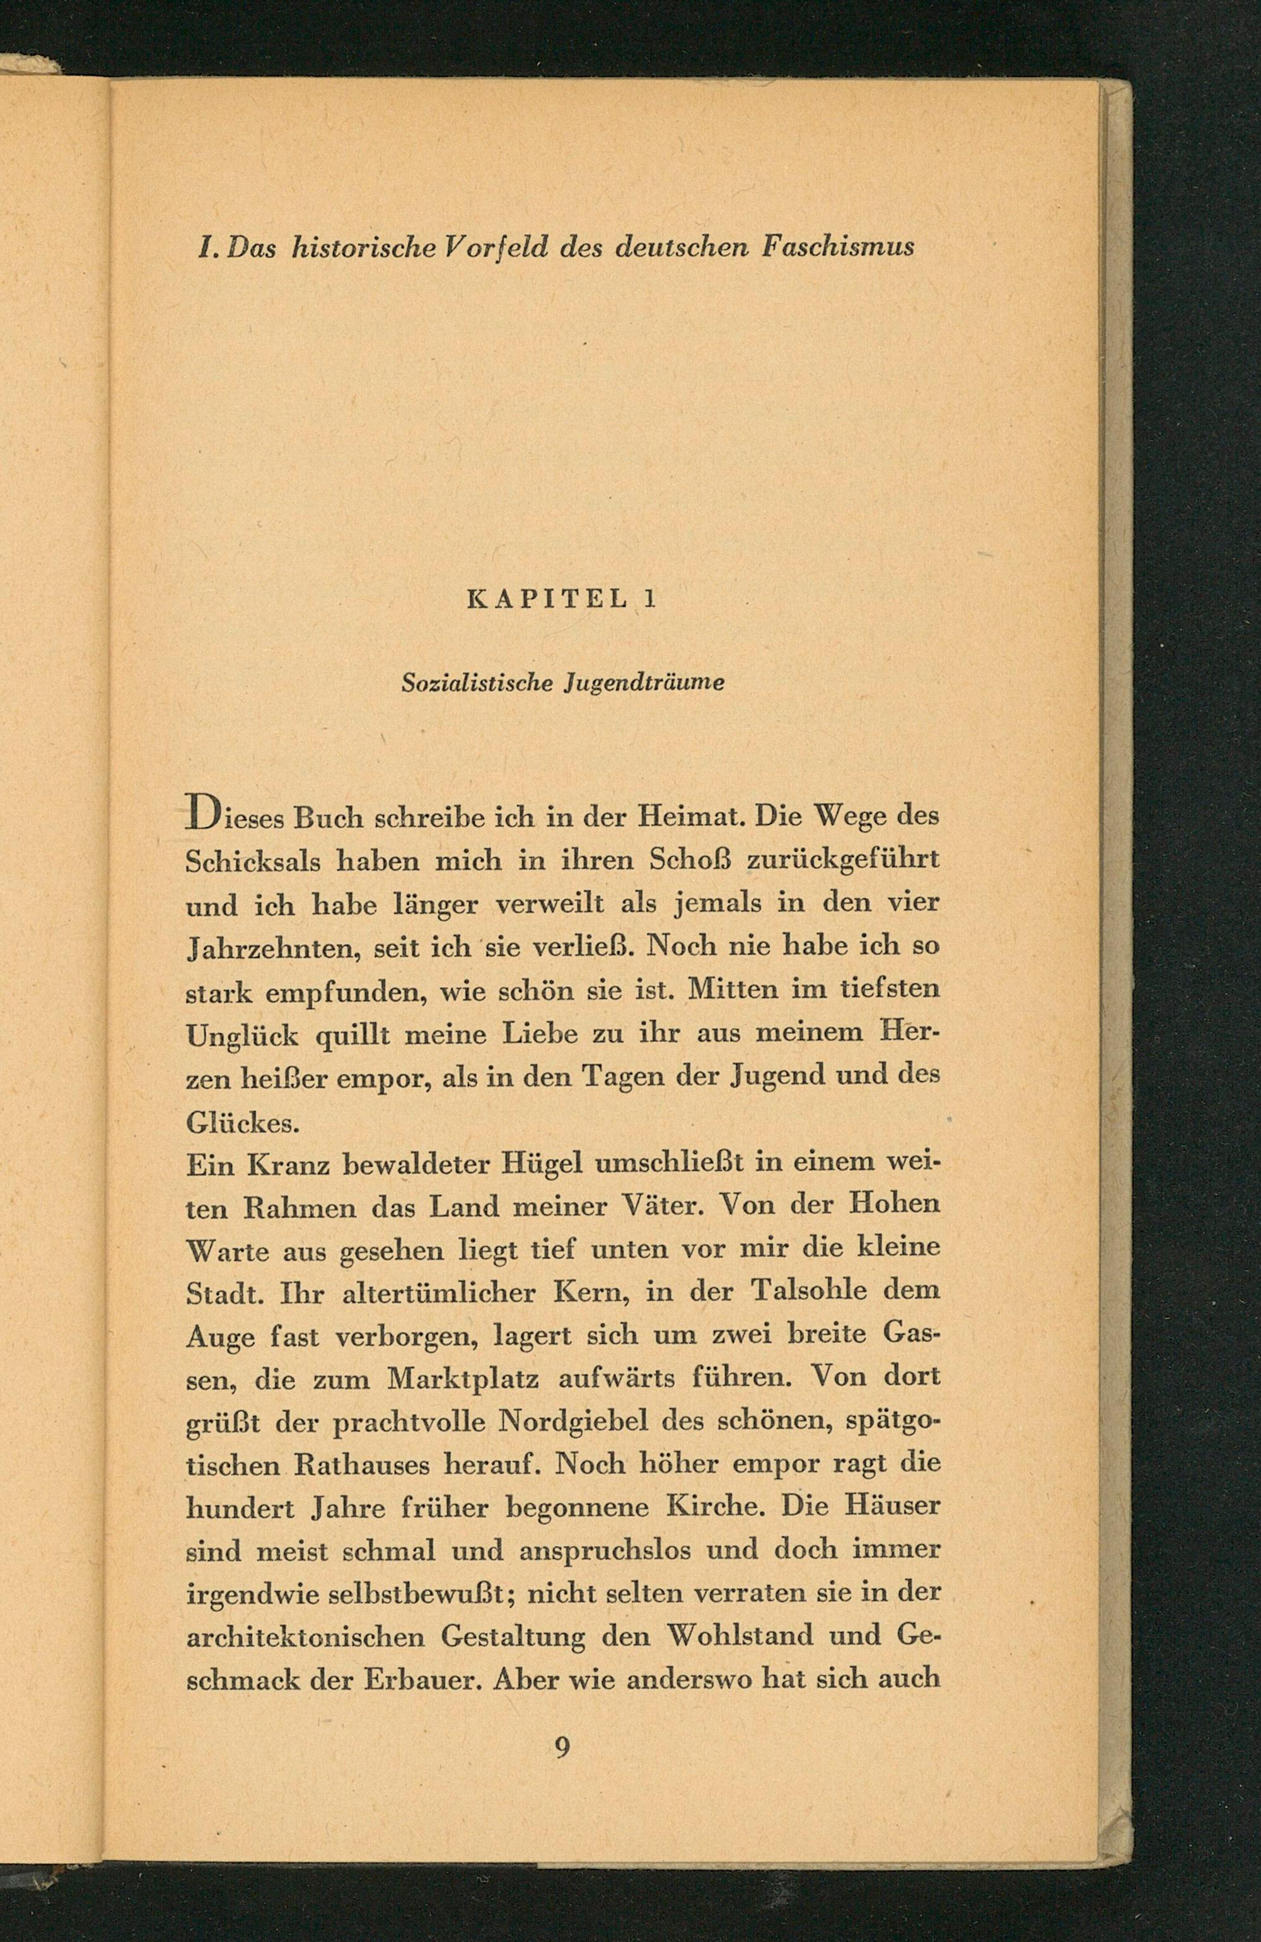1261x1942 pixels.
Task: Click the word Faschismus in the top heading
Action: tap(838, 245)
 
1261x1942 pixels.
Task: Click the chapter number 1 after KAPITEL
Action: tap(649, 600)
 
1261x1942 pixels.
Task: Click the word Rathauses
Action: tap(360, 1465)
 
